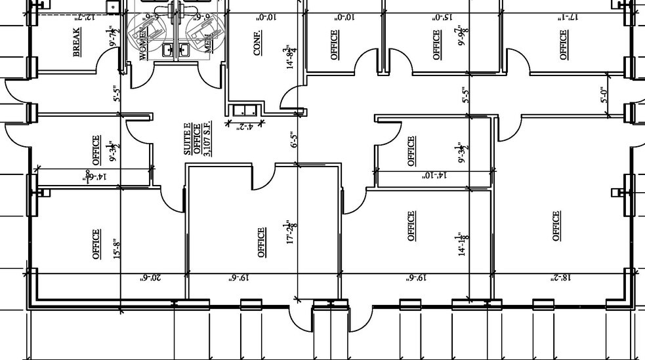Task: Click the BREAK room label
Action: coord(77,41)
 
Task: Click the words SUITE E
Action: coord(188,140)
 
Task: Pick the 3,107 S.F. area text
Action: coord(208,140)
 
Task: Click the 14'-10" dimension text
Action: coord(434,176)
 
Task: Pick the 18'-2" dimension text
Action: coord(563,278)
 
